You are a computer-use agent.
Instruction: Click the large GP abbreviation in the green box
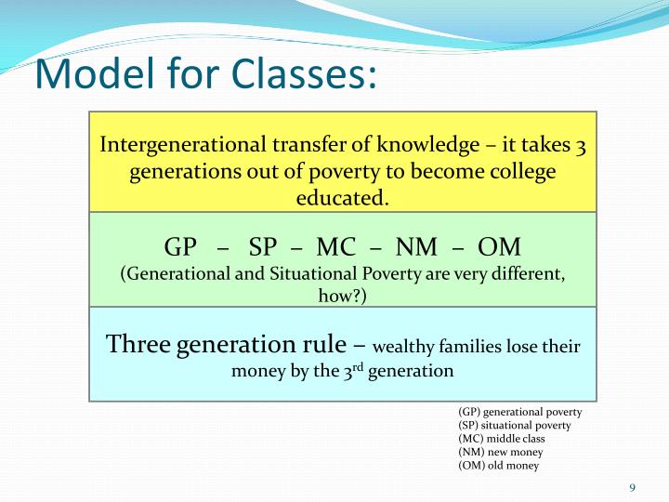coord(182,248)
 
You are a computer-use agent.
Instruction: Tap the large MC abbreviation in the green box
coord(335,248)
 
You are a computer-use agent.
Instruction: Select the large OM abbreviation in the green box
coord(499,248)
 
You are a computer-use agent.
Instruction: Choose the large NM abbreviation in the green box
coord(417,248)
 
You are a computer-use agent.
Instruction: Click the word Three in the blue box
coord(137,344)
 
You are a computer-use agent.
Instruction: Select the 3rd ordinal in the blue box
coord(345,370)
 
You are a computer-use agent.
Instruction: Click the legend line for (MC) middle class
coord(502,438)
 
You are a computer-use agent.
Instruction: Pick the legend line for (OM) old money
coord(498,465)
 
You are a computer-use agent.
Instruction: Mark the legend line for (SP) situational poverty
coord(514,425)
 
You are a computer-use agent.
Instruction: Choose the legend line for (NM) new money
coord(499,452)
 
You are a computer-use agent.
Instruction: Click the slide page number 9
coord(632,488)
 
